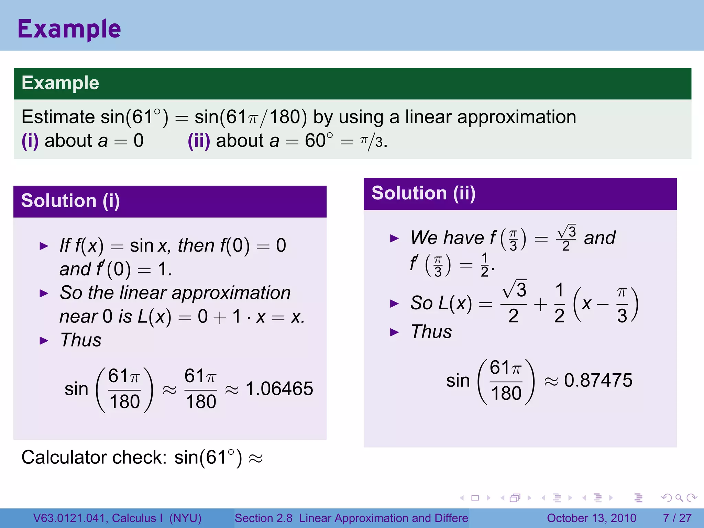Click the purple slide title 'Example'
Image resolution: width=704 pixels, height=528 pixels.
pyautogui.click(x=69, y=29)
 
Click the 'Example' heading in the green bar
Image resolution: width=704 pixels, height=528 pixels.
pyautogui.click(x=60, y=83)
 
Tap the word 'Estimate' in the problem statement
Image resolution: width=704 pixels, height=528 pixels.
pyautogui.click(x=58, y=117)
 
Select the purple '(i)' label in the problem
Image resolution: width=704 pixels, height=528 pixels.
pyautogui.click(x=30, y=141)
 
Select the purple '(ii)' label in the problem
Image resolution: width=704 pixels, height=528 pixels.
pyautogui.click(x=199, y=141)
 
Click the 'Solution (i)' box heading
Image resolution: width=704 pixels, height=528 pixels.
pyautogui.click(x=70, y=201)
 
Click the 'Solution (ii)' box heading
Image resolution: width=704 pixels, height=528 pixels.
pyautogui.click(x=423, y=193)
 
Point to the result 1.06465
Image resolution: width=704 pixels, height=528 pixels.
pyautogui.click(x=279, y=389)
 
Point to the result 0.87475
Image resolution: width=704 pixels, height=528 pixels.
pyautogui.click(x=598, y=380)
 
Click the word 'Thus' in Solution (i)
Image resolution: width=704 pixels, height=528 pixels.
pyautogui.click(x=81, y=340)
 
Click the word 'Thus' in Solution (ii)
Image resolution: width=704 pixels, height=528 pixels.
pyautogui.click(x=431, y=332)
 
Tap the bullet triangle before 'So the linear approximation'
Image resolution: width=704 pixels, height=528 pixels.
pyautogui.click(x=44, y=294)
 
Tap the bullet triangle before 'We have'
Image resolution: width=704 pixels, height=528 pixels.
pyautogui.click(x=394, y=238)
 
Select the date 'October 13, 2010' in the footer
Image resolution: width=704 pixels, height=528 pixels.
pyautogui.click(x=591, y=518)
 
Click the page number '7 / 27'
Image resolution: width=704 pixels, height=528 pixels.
pyautogui.click(x=677, y=518)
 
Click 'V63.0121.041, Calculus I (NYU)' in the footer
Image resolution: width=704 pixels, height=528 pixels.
pyautogui.click(x=117, y=518)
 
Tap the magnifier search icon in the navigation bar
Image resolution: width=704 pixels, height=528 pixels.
pyautogui.click(x=679, y=498)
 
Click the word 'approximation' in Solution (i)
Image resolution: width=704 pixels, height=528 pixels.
pyautogui.click(x=231, y=293)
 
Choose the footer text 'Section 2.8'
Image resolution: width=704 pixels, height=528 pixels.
pyautogui.click(x=263, y=518)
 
